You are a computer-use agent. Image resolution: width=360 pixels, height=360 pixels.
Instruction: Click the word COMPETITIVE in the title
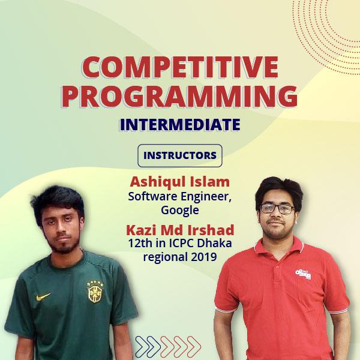tap(180, 68)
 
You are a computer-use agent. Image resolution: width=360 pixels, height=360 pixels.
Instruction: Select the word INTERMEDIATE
tap(180, 125)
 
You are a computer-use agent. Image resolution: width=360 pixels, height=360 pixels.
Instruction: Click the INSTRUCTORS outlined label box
tap(180, 155)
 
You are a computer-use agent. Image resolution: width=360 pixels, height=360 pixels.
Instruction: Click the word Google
tap(180, 210)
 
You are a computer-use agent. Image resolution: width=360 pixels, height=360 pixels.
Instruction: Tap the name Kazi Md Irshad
tap(180, 230)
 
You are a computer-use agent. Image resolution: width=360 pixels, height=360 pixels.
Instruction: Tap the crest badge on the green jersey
tap(94, 292)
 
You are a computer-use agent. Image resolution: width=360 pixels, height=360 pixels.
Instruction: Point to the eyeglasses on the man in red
tap(278, 209)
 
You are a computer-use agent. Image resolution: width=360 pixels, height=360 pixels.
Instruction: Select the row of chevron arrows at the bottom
tap(168, 345)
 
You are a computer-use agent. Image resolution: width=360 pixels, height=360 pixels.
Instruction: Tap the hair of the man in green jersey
tap(57, 201)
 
